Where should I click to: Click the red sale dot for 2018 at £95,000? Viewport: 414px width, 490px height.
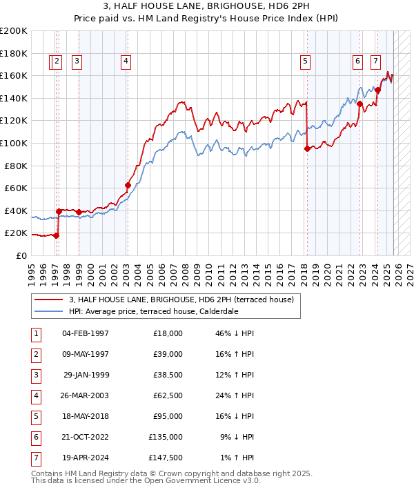point(306,148)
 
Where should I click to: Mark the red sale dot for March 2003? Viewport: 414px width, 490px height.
point(128,185)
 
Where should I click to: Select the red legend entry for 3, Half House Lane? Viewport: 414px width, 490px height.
point(181,300)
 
